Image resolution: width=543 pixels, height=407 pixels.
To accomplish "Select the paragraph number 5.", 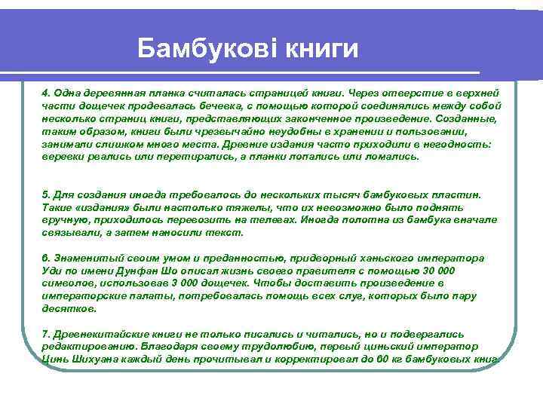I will [45, 194].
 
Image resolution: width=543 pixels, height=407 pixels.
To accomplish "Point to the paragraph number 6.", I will [45, 258].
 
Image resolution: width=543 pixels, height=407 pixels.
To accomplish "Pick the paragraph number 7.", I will [45, 333].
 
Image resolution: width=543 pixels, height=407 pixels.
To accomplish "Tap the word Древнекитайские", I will [97, 333].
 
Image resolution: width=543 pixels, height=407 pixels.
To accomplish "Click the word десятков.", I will [69, 309].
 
